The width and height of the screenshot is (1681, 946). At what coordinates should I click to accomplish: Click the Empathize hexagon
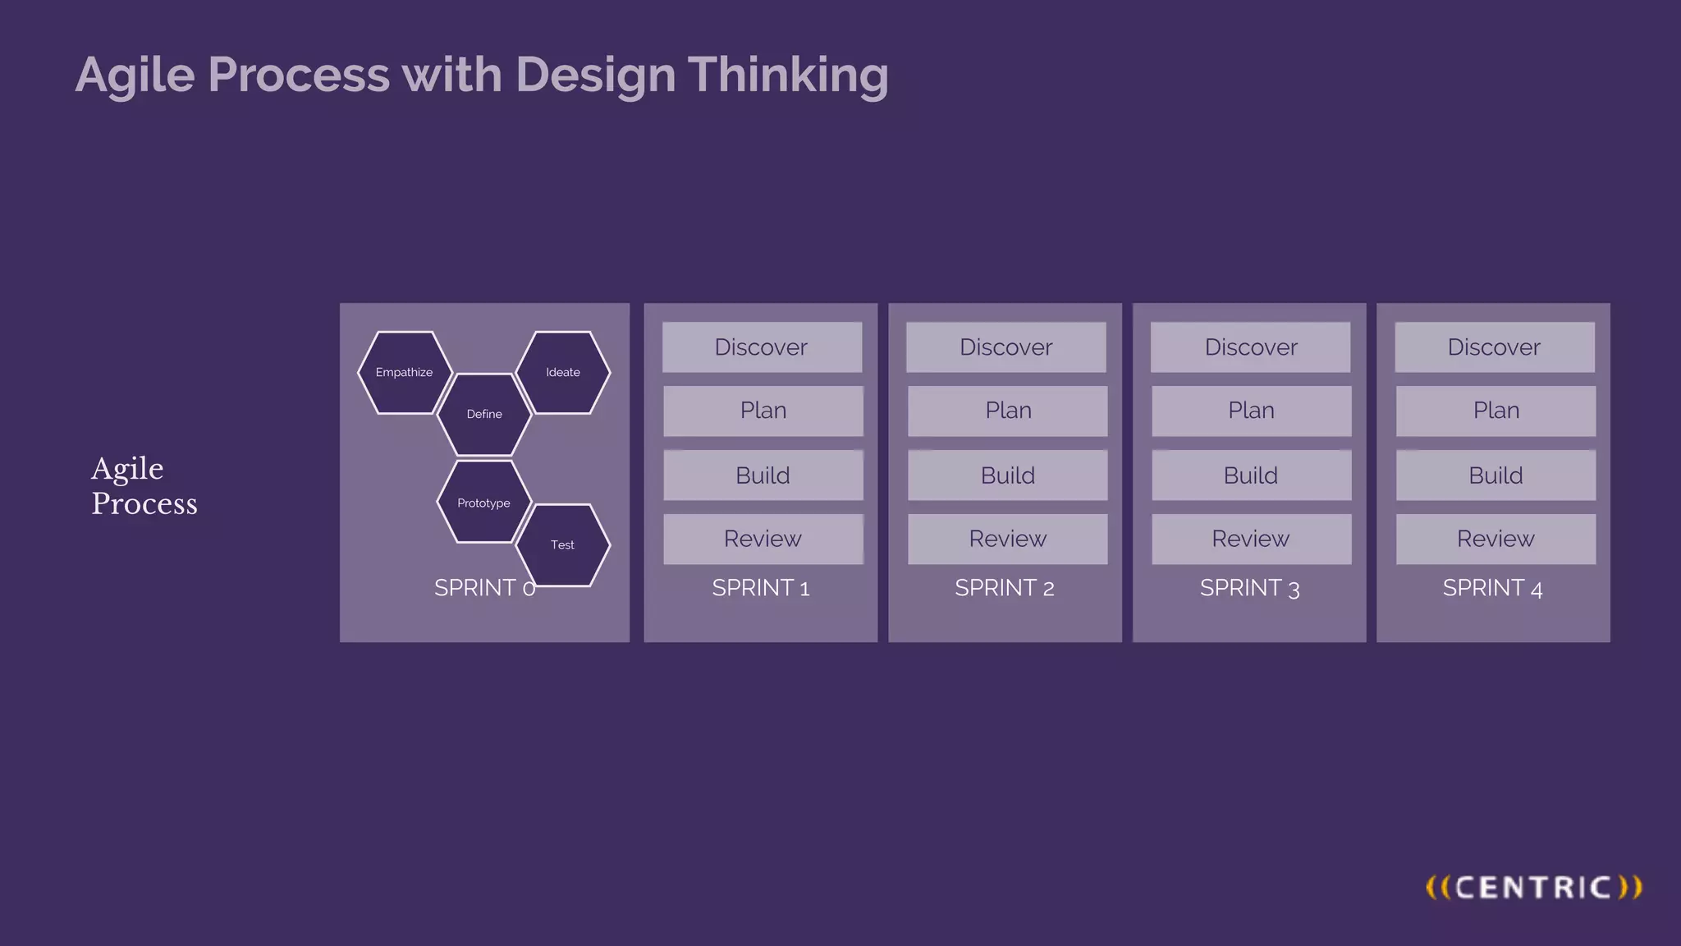click(405, 373)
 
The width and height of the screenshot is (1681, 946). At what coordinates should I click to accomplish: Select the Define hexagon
click(484, 415)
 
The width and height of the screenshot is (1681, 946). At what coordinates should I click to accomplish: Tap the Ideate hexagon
click(563, 373)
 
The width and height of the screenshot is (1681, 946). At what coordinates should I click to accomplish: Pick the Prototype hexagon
click(484, 503)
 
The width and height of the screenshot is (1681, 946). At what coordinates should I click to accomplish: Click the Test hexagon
click(563, 545)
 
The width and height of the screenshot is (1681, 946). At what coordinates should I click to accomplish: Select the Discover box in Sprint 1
click(762, 347)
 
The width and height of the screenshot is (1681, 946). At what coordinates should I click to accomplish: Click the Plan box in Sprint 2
click(1007, 411)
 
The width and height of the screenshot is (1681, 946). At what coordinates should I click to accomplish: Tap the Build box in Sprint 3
click(1251, 475)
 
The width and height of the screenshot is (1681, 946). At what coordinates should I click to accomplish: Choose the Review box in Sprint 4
click(1495, 540)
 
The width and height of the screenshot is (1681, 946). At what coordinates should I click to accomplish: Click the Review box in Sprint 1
click(763, 540)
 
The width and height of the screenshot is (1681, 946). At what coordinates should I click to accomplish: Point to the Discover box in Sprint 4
click(1494, 347)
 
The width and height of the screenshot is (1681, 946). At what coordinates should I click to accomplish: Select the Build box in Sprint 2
click(1007, 475)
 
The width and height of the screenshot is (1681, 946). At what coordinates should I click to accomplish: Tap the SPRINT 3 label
click(1249, 588)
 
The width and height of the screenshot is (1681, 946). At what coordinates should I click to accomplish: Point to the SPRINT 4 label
click(1492, 588)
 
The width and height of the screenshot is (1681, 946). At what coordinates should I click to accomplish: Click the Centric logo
click(1533, 888)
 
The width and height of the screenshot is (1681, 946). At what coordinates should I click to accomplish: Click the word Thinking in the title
click(788, 76)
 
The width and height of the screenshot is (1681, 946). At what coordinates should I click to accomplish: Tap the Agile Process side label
click(144, 485)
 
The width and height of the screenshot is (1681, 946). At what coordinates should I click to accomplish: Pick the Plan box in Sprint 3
click(1251, 411)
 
